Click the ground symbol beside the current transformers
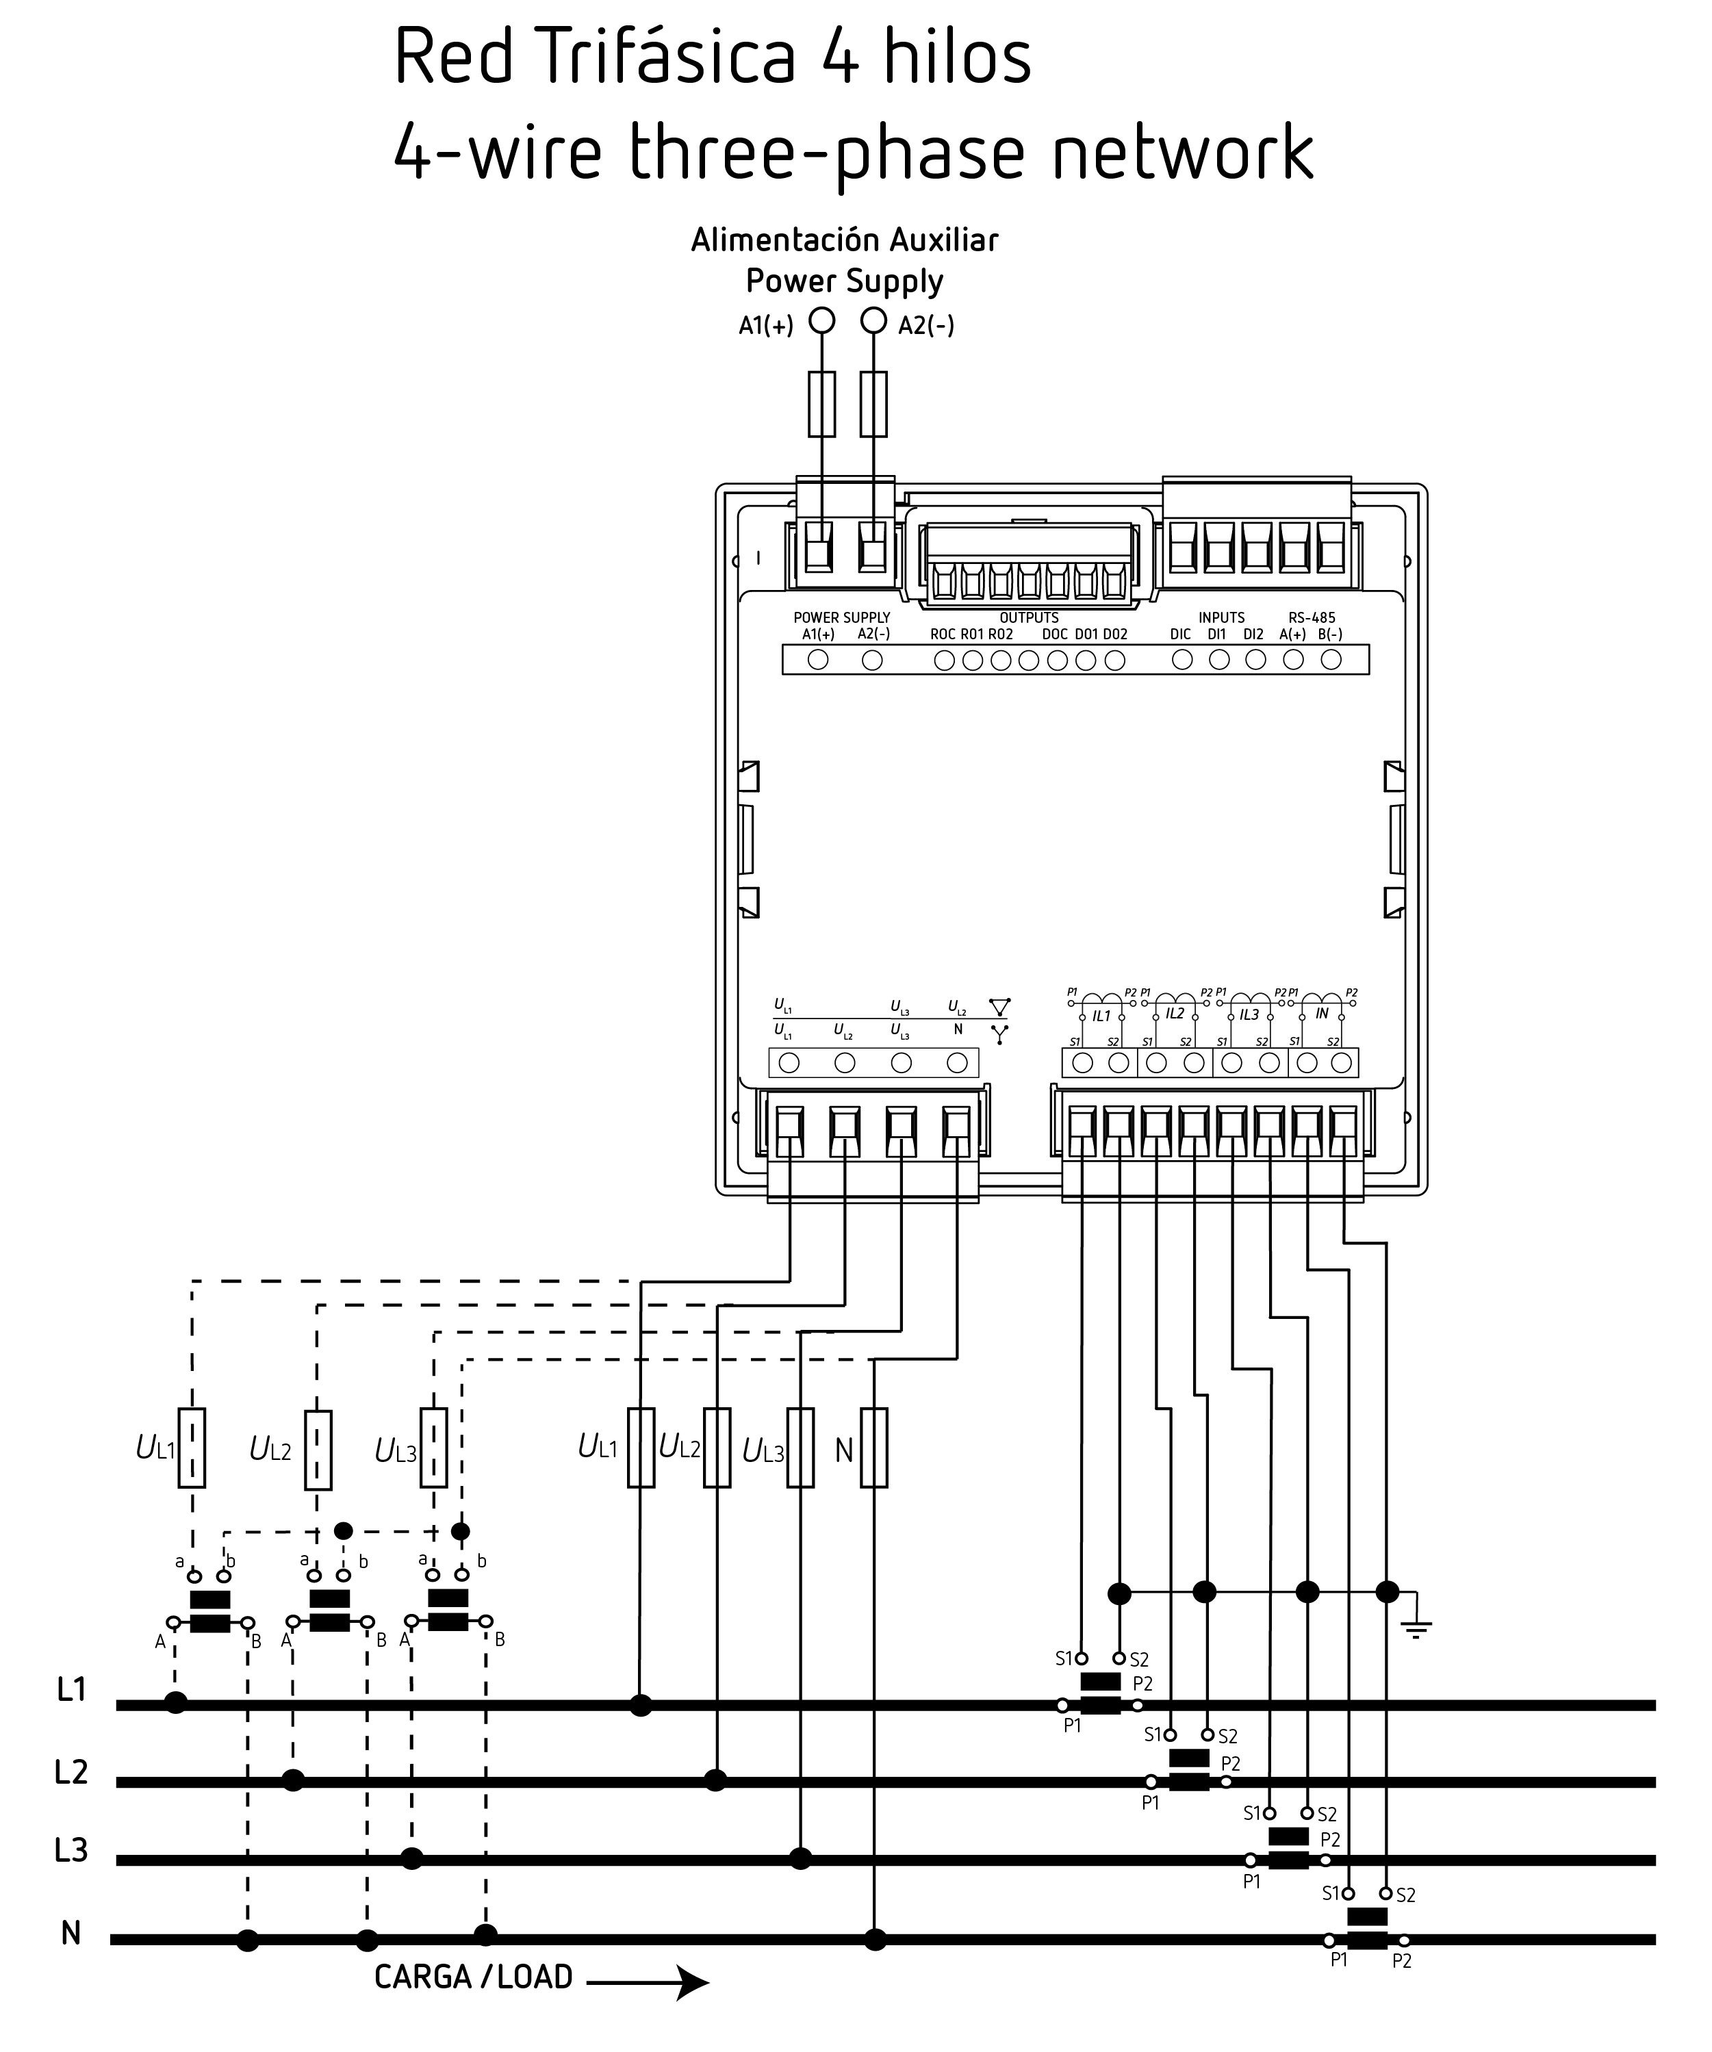1416,1627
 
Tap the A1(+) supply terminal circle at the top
823,320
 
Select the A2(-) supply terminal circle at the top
873,320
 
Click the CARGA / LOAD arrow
647,1982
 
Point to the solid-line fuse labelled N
873,1448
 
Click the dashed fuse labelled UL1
192,1448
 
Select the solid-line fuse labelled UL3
800,1448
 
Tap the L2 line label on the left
71,1771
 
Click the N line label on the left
71,1933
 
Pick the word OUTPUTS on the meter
1028,617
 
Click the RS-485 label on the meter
1312,617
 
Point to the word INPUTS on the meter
1221,617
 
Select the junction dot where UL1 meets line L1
640,1705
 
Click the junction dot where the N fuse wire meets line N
876,1938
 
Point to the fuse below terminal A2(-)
873,404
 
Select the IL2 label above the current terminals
1175,1013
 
